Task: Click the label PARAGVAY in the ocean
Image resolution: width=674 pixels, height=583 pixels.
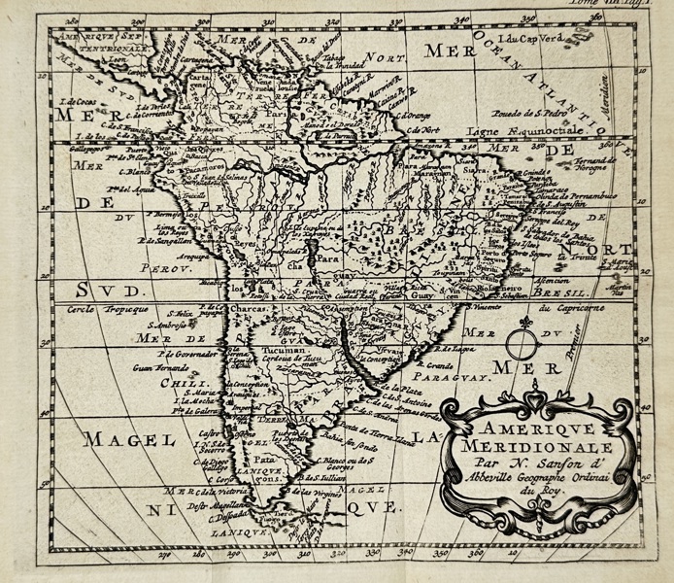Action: tap(446, 376)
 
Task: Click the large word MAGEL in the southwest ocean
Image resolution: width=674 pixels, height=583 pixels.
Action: tap(121, 439)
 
